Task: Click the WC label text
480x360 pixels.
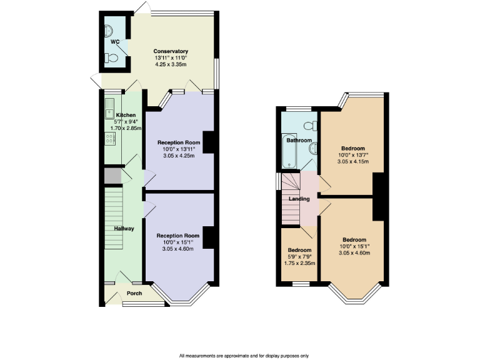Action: (x=115, y=42)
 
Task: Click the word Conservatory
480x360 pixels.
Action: (x=171, y=51)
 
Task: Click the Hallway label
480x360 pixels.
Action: (x=124, y=229)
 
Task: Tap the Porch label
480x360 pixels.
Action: (x=134, y=293)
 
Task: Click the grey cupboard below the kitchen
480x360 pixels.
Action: (x=112, y=176)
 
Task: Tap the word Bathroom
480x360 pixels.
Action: (x=299, y=141)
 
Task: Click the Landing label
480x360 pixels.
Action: (x=299, y=199)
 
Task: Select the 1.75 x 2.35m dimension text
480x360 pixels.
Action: (x=299, y=263)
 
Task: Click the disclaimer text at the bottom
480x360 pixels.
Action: (x=244, y=355)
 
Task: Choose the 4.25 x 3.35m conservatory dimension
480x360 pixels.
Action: (x=171, y=64)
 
